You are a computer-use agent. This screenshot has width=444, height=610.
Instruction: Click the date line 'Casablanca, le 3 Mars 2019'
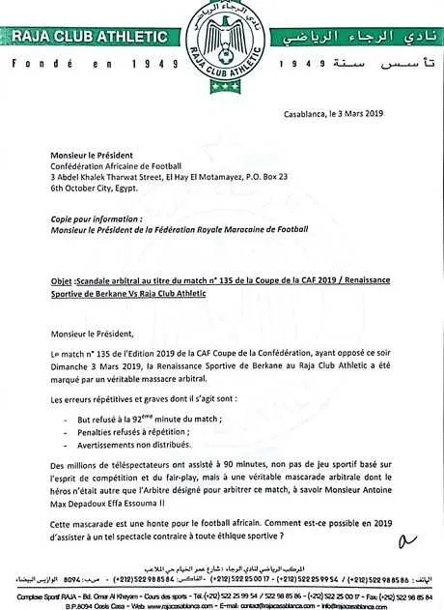[x=333, y=114]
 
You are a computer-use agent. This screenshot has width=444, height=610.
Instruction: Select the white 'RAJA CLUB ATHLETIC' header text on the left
[x=88, y=37]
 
